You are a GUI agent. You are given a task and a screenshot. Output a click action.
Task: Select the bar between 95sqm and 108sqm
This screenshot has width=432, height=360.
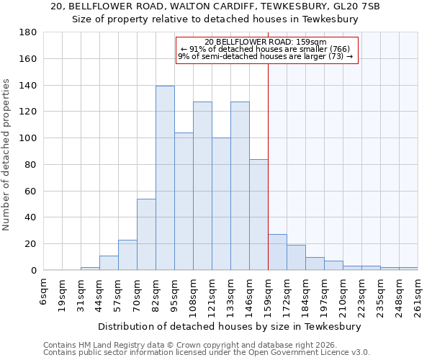click(x=184, y=202)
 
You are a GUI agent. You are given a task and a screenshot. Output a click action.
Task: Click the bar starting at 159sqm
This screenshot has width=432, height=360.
click(x=277, y=252)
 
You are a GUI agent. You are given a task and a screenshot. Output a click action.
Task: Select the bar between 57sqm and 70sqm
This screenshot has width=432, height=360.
click(x=127, y=255)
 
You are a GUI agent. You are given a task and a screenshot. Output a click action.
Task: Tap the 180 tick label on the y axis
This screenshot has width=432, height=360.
click(x=29, y=32)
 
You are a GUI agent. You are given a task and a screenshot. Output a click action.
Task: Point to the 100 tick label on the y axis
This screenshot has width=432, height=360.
click(x=29, y=138)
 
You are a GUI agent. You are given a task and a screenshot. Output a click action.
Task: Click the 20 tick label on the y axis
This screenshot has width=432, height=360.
click(x=32, y=244)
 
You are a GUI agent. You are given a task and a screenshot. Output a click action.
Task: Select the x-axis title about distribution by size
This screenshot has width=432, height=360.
click(x=229, y=326)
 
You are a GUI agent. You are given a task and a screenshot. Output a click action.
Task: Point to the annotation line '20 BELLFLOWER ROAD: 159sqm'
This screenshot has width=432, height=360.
click(x=266, y=42)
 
